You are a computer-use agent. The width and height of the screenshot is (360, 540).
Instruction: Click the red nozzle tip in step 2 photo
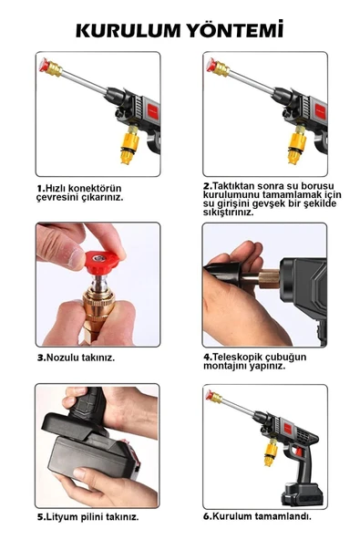click(x=212, y=67)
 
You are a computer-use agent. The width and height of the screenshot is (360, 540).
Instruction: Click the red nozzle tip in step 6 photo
click(x=211, y=398)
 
